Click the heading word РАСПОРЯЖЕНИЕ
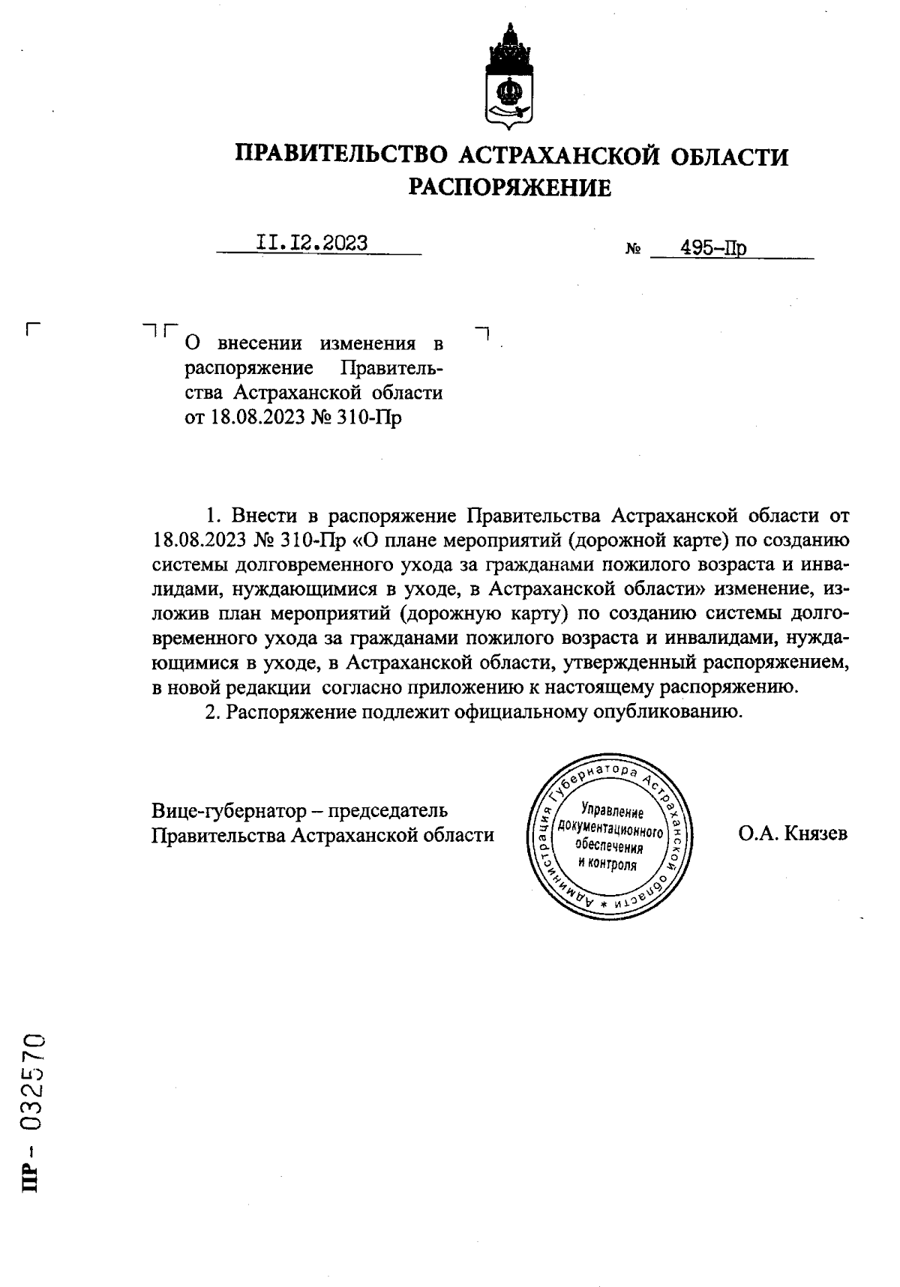tap(510, 187)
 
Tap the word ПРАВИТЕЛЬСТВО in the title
tap(341, 156)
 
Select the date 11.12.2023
tap(312, 243)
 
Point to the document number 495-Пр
tap(712, 248)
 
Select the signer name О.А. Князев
tap(793, 833)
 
